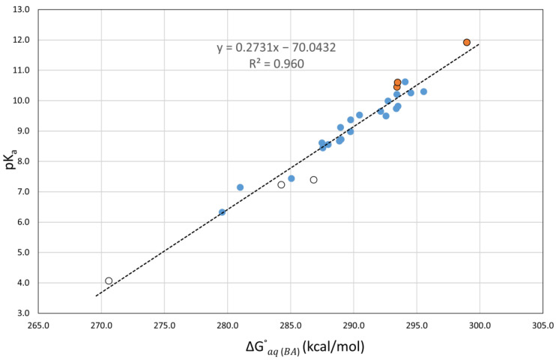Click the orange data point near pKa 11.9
[x=467, y=43]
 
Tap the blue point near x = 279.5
[x=222, y=212]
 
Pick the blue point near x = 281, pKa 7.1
[x=240, y=187]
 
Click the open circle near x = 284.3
[x=282, y=184]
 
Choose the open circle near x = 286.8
[x=313, y=180]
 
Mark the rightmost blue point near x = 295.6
[x=423, y=91]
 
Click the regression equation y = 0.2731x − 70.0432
[x=276, y=48]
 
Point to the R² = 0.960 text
[x=277, y=64]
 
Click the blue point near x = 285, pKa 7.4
[x=291, y=178]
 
